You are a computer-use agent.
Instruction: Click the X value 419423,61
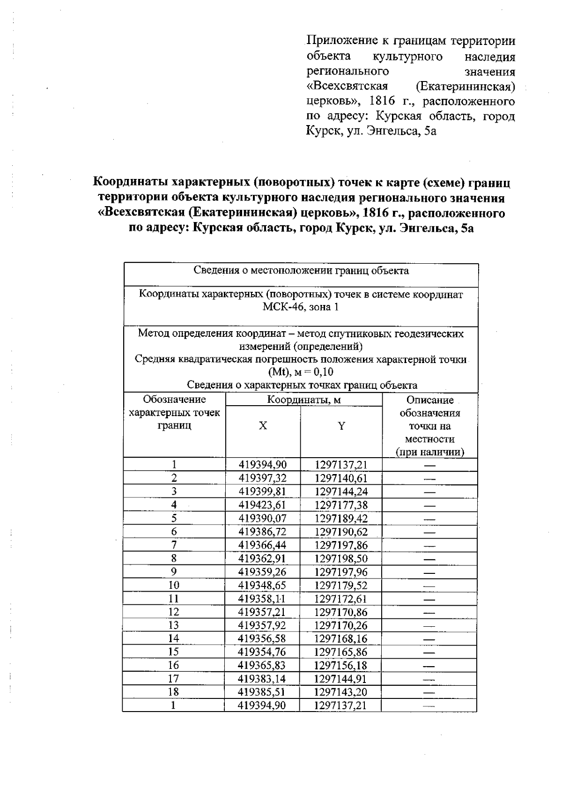[x=262, y=505]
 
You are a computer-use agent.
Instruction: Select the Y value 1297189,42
[x=341, y=519]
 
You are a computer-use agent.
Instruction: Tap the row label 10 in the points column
[x=174, y=585]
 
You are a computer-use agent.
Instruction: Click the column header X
[x=263, y=425]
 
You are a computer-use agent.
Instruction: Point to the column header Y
[x=341, y=426]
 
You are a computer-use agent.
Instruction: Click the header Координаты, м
[x=303, y=400]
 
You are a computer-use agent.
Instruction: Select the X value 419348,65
[x=262, y=585]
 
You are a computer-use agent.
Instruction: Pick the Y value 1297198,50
[x=341, y=558]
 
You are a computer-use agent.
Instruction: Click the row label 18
[x=174, y=692]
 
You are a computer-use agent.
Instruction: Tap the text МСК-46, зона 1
[x=301, y=307]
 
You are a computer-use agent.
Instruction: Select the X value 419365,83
[x=262, y=665]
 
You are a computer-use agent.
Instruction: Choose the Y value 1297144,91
[x=341, y=679]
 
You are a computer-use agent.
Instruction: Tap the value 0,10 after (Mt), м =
[x=324, y=372]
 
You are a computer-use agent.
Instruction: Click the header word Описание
[x=430, y=400]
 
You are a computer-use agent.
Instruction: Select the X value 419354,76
[x=262, y=652]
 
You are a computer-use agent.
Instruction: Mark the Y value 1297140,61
[x=341, y=478]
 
